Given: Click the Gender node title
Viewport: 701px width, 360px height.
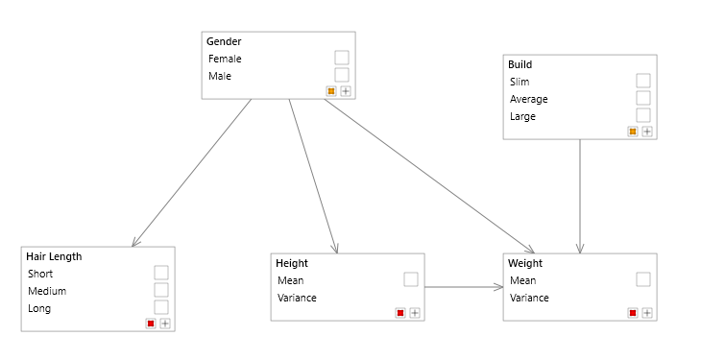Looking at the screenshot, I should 224,41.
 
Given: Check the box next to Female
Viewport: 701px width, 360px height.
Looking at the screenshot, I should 342,58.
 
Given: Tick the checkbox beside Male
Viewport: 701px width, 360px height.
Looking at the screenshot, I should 342,75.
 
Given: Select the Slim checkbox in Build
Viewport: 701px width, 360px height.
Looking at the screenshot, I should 643,81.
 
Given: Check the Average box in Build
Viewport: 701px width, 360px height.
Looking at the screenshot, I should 643,98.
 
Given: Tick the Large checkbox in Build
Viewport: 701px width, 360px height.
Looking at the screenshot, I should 643,115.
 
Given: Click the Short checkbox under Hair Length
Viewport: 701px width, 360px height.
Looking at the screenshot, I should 161,273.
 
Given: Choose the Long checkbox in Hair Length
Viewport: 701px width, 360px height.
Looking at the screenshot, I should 161,307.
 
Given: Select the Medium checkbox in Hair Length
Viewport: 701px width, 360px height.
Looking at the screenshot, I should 161,290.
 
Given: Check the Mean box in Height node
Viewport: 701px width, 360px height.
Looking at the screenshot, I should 411,279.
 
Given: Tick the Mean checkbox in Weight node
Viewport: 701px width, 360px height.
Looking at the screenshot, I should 643,279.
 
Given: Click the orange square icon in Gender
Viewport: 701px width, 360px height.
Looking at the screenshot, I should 331,91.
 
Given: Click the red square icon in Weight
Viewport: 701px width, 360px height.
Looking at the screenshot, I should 633,313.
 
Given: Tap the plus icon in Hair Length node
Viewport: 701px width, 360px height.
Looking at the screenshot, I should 165,324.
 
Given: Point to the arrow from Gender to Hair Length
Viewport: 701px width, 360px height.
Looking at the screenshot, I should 192,173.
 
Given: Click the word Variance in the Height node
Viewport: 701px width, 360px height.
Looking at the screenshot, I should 297,298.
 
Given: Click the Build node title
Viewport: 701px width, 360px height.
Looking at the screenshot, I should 520,64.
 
